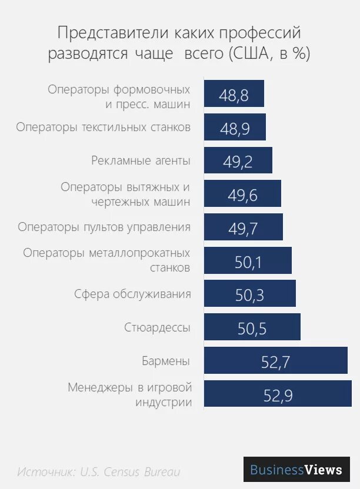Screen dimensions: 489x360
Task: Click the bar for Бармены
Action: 275,360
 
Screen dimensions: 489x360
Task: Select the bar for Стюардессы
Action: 252,327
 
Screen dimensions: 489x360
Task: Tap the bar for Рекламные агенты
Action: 238,160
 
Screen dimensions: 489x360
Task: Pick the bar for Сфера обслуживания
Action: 249,294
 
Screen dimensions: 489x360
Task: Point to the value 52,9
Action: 278,396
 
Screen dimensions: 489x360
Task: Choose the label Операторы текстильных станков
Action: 104,127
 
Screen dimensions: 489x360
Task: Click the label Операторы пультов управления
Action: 104,227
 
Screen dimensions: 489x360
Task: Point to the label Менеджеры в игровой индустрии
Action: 130,395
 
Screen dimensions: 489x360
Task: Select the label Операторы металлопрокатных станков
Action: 107,260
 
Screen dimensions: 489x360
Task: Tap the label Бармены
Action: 166,360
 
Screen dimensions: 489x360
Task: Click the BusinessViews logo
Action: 296,470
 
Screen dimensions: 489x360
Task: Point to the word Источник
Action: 46,472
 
